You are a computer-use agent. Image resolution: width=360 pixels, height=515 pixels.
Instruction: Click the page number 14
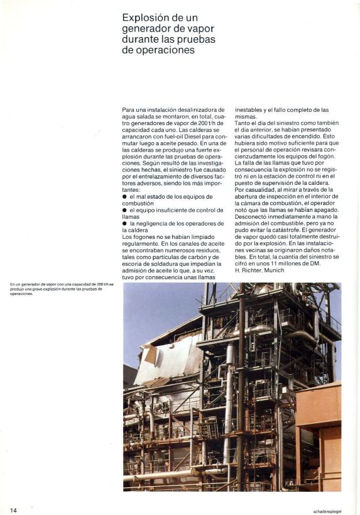coord(13,509)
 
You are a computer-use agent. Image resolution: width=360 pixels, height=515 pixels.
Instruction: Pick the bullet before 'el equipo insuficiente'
coord(124,210)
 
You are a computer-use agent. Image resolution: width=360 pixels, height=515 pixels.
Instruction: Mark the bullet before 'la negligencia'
coord(124,223)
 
